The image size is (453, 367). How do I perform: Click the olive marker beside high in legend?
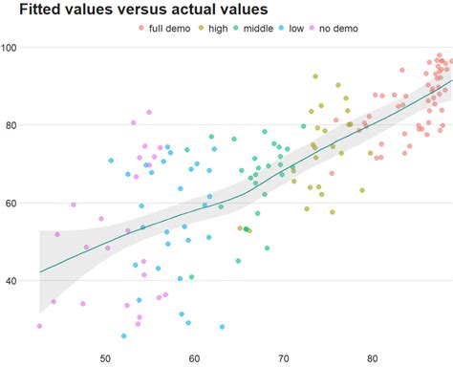coord(199,29)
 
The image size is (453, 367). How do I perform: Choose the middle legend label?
coord(257,29)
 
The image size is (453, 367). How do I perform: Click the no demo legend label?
coord(339,29)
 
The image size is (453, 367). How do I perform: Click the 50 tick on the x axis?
coord(106,358)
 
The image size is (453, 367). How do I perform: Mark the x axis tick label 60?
coord(194,358)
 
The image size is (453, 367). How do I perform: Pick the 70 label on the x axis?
coord(284,358)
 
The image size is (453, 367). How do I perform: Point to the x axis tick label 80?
coord(373,358)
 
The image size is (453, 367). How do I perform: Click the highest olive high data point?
coord(314,76)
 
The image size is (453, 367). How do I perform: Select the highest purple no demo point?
coord(149,113)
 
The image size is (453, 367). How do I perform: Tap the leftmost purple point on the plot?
coord(39,326)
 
